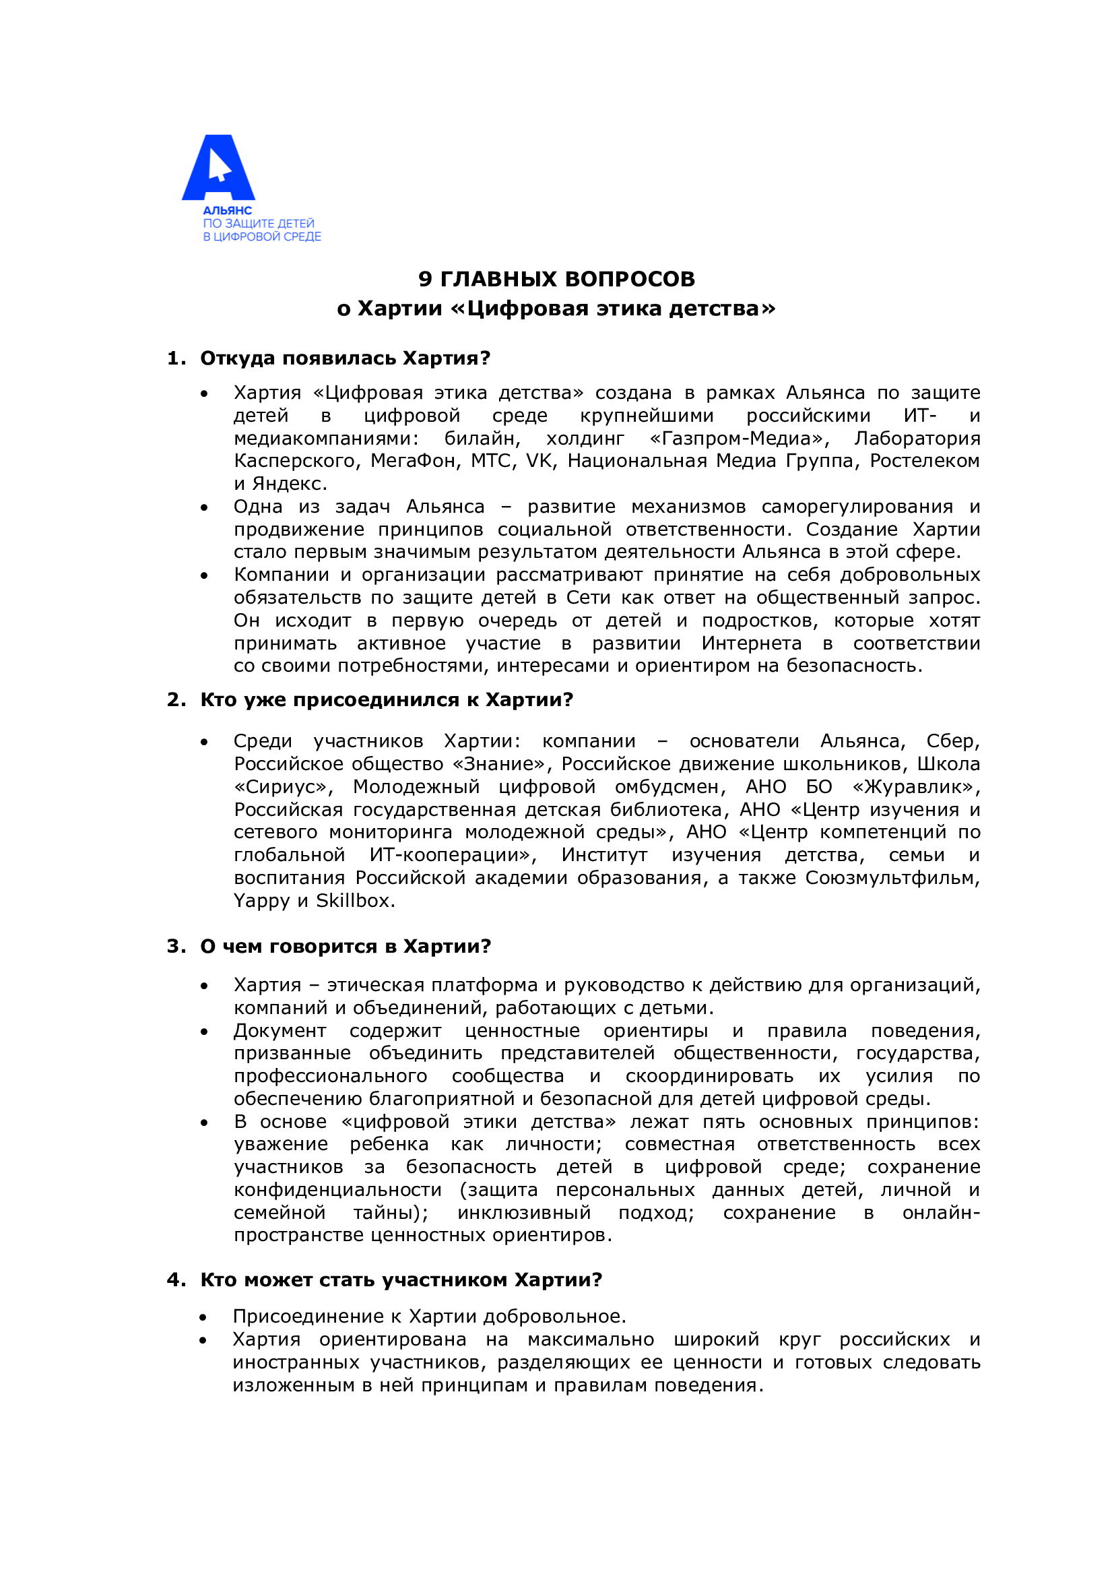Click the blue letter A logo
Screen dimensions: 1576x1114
218,168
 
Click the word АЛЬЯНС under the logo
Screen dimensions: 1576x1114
227,211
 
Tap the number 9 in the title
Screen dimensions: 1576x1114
425,279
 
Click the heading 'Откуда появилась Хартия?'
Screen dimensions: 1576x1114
345,358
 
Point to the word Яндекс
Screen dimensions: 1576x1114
290,484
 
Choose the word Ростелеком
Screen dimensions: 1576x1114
925,461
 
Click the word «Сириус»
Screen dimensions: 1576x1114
284,786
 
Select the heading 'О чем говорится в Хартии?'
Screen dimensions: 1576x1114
345,947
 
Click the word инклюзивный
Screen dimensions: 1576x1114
523,1213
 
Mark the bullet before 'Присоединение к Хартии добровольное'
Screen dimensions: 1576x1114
203,1317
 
